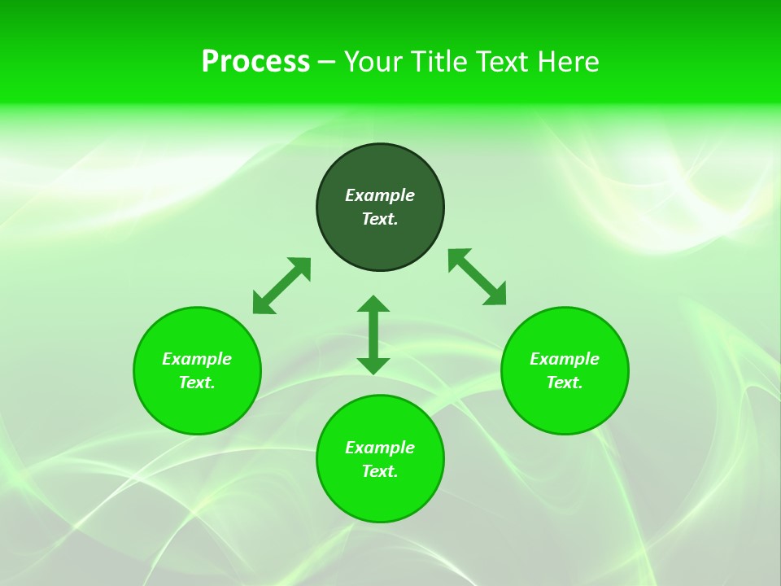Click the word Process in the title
click(x=255, y=62)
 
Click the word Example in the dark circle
click(x=380, y=195)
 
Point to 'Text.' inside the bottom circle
click(x=380, y=471)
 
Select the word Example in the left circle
click(x=197, y=359)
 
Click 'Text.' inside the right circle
click(x=565, y=383)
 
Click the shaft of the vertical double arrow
click(x=373, y=335)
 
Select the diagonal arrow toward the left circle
click(x=281, y=286)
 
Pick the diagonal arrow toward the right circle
click(x=477, y=277)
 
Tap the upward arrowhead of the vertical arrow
click(x=373, y=304)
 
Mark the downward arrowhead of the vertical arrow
click(x=373, y=365)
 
